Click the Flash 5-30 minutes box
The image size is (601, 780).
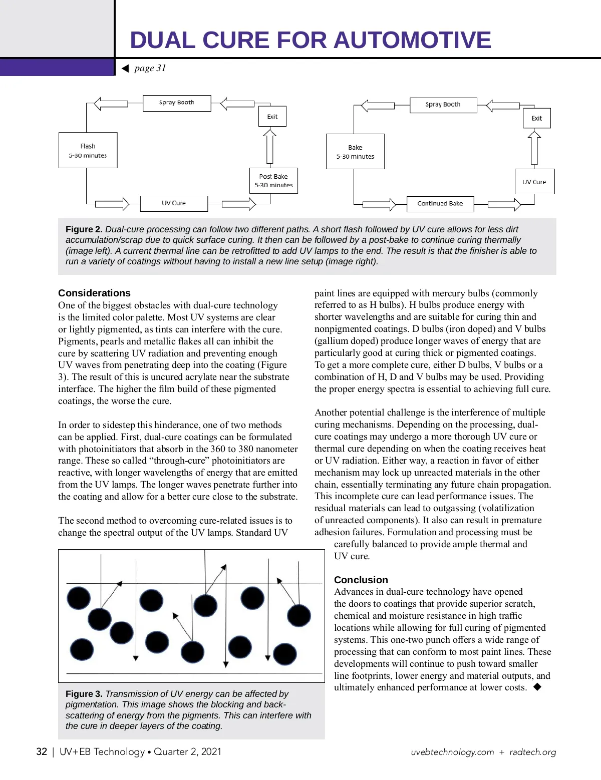tap(88, 150)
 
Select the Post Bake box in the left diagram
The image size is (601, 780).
tap(273, 181)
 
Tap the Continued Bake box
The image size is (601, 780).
tap(440, 204)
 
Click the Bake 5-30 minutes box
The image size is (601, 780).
tap(355, 152)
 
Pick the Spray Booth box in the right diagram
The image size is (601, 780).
tap(443, 105)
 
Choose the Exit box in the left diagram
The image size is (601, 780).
tap(272, 117)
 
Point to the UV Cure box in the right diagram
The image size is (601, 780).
tap(534, 182)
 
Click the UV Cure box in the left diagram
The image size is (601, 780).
tap(173, 203)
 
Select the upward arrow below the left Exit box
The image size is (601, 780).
tap(270, 146)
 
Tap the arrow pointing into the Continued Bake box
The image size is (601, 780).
tap(379, 204)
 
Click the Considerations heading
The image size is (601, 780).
tap(94, 293)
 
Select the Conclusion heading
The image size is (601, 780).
tap(361, 580)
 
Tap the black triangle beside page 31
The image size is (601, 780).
tap(125, 69)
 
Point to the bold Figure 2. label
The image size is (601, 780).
tap(84, 229)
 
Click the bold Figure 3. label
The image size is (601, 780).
tap(84, 694)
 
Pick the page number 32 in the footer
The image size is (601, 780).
tap(42, 751)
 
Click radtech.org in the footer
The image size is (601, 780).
tap(532, 752)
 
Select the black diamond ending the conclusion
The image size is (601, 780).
tap(537, 687)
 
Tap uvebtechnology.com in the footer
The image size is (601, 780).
tap(452, 752)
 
